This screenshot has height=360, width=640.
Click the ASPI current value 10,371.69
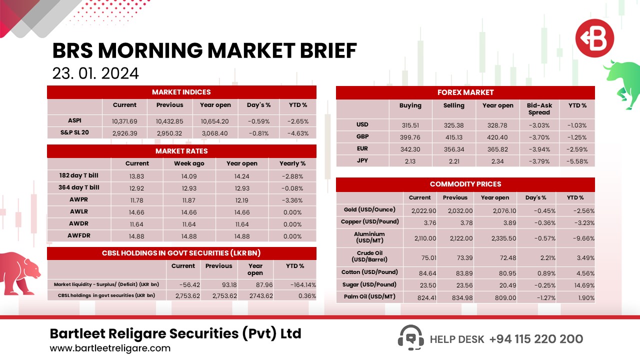pyautogui.click(x=124, y=121)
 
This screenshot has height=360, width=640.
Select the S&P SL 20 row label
pyautogui.click(x=74, y=133)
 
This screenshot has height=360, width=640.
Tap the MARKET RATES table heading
pyautogui.click(x=181, y=151)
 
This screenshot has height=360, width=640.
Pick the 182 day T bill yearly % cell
pyautogui.click(x=292, y=176)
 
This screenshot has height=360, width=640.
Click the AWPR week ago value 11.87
pyautogui.click(x=188, y=200)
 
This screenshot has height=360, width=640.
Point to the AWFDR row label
pyautogui.click(x=79, y=236)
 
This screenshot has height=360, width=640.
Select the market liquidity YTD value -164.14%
pyautogui.click(x=295, y=284)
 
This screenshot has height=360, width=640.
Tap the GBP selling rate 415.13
pyautogui.click(x=453, y=137)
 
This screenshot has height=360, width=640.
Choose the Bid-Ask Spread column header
pyautogui.click(x=539, y=108)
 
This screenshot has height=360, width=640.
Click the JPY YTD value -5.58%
pyautogui.click(x=577, y=161)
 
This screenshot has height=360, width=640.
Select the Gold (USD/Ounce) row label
pyautogui.click(x=369, y=210)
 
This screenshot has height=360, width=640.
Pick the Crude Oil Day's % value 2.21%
pyautogui.click(x=537, y=258)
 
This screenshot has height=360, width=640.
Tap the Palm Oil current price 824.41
pyautogui.click(x=420, y=297)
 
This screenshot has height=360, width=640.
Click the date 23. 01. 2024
pyautogui.click(x=95, y=73)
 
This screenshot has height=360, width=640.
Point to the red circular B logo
pyautogui.click(x=594, y=38)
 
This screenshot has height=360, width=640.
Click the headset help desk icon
pyautogui.click(x=410, y=338)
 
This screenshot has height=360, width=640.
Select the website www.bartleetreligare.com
pyautogui.click(x=110, y=348)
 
